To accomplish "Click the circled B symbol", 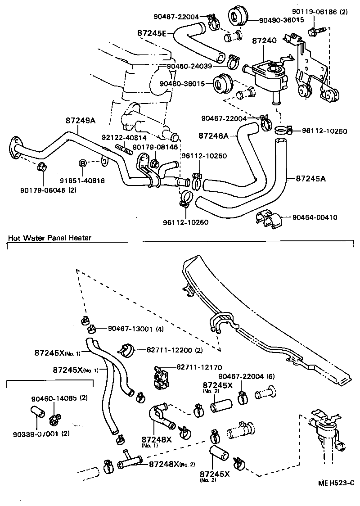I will pyautogui.click(x=83, y=163).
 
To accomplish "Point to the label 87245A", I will pyautogui.click(x=311, y=179).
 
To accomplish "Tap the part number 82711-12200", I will pyautogui.click(x=170, y=349).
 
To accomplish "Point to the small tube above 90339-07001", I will pyautogui.click(x=37, y=412).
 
